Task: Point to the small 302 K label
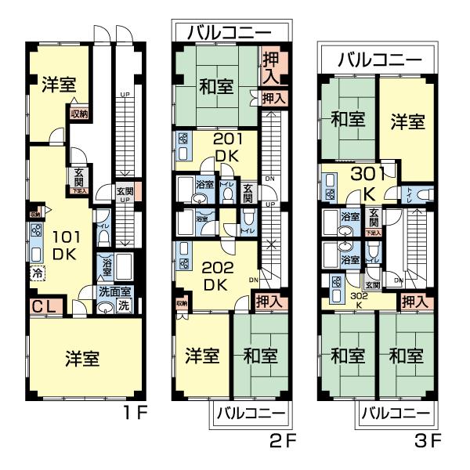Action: [359, 300]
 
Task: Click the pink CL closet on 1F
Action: [44, 307]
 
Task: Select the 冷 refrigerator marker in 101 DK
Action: [37, 273]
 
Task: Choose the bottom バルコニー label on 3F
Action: [396, 413]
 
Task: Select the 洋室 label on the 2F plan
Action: [201, 356]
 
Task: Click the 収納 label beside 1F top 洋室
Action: [78, 114]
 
